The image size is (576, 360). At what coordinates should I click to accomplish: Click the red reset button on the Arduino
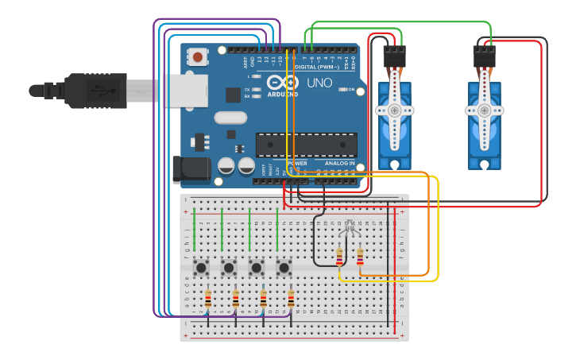pyautogui.click(x=197, y=57)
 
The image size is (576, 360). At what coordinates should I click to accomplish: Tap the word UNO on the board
pyautogui.click(x=319, y=83)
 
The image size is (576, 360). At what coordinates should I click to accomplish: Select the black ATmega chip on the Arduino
pyautogui.click(x=306, y=145)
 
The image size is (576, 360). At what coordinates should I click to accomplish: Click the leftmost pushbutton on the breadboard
pyautogui.click(x=202, y=267)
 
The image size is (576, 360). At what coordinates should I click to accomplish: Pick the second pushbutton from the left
pyautogui.click(x=229, y=267)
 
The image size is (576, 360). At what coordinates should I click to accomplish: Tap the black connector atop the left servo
pyautogui.click(x=395, y=56)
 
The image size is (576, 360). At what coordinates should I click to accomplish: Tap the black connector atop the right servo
pyautogui.click(x=485, y=56)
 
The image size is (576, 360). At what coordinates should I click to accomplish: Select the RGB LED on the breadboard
pyautogui.click(x=349, y=230)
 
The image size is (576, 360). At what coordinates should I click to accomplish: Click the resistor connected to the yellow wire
pyautogui.click(x=340, y=257)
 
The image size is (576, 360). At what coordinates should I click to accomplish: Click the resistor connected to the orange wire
pyautogui.click(x=360, y=257)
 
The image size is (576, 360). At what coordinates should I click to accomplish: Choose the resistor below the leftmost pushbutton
pyautogui.click(x=208, y=299)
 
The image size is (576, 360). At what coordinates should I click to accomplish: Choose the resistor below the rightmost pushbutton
pyautogui.click(x=291, y=299)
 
